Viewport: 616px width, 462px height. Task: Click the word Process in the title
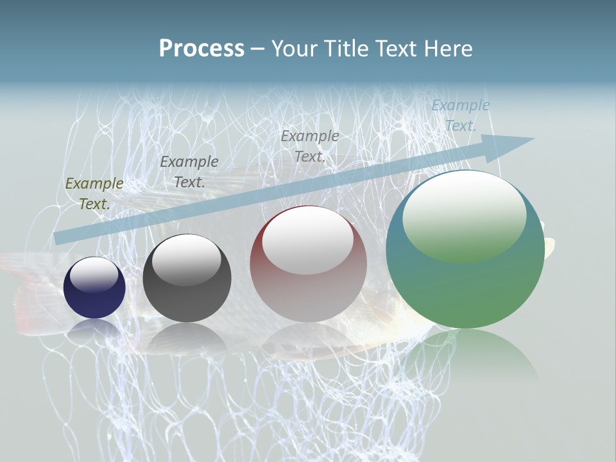pos(201,48)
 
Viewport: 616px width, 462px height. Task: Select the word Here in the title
pos(449,48)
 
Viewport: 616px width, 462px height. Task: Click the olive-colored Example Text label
pos(94,193)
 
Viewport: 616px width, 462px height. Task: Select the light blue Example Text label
pos(460,116)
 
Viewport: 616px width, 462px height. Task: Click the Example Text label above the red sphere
pos(310,146)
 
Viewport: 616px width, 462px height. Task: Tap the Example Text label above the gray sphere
pos(189,171)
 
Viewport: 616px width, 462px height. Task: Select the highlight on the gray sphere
pos(187,259)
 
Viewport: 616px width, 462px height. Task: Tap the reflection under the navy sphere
pos(94,329)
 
